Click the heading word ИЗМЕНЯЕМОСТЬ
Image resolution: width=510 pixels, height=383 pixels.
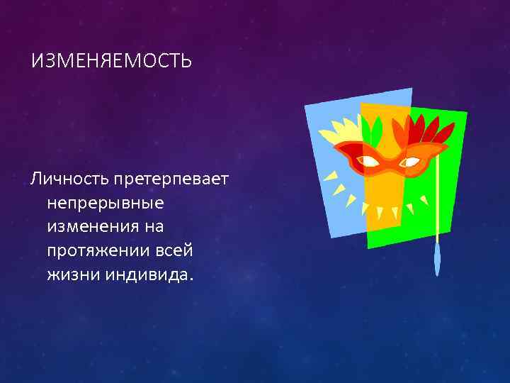111,61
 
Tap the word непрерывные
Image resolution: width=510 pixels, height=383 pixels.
106,204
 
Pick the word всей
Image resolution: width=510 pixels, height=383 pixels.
172,251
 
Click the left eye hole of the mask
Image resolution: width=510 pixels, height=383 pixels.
368,161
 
